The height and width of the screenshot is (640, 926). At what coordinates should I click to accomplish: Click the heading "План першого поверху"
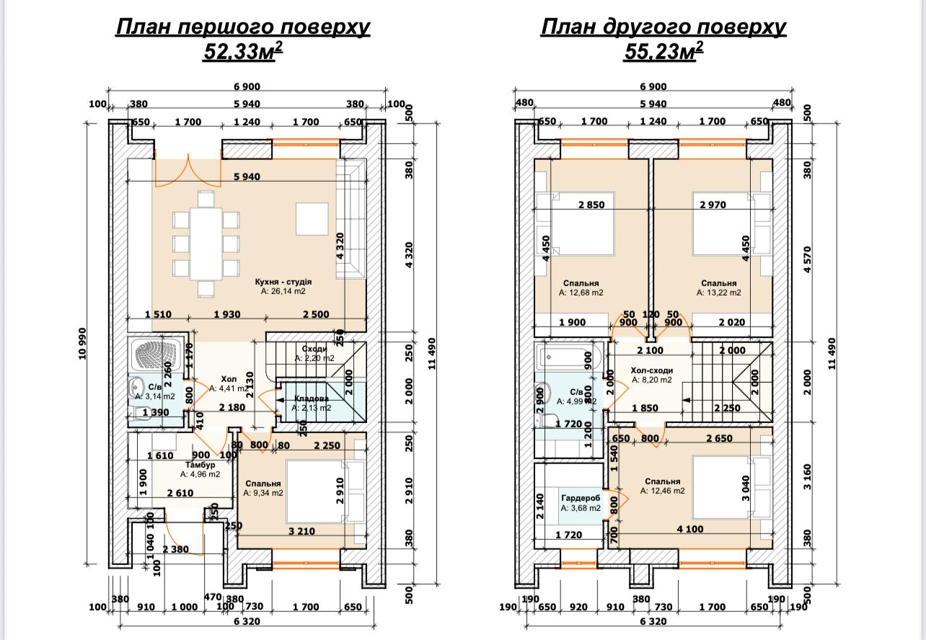(242, 27)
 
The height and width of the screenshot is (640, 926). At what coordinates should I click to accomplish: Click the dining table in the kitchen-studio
(206, 244)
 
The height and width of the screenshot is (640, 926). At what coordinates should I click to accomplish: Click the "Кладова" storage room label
(312, 398)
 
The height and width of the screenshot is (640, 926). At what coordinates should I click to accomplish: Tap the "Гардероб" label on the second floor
(581, 498)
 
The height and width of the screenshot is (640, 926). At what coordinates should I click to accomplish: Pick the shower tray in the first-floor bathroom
(157, 353)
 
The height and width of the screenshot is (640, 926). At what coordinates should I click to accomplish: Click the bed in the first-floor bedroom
(317, 491)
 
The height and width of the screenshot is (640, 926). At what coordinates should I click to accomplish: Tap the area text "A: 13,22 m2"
(718, 293)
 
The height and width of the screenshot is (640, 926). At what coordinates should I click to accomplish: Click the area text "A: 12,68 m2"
(581, 293)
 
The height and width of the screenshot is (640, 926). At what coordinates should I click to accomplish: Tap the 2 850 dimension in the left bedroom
(591, 205)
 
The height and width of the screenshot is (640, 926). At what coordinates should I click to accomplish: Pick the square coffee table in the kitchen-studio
(312, 217)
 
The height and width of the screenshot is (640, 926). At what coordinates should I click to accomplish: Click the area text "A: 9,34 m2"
(263, 494)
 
